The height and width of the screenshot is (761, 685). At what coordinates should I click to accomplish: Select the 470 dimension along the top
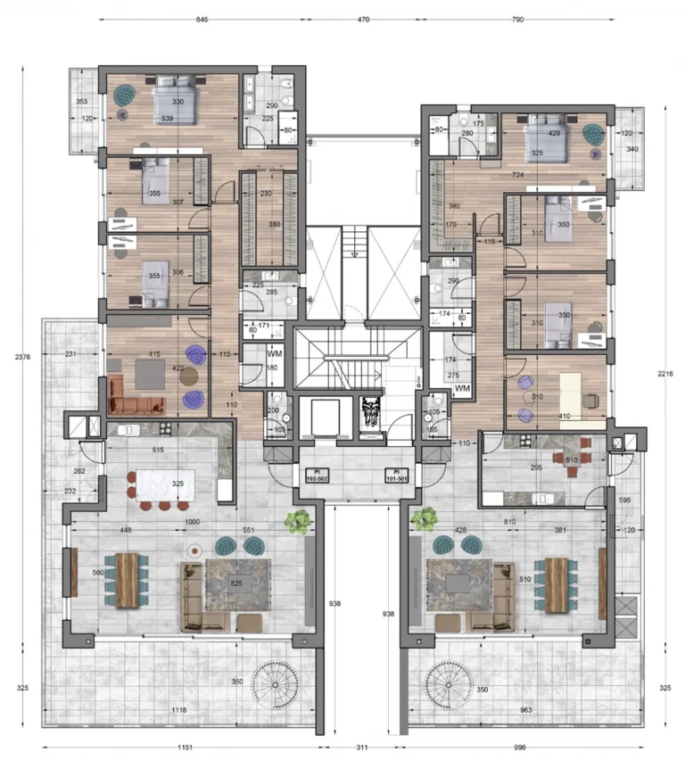point(364,19)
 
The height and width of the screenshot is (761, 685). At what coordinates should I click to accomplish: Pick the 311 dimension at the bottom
point(361,748)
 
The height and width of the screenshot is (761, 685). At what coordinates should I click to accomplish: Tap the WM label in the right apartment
point(462,389)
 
